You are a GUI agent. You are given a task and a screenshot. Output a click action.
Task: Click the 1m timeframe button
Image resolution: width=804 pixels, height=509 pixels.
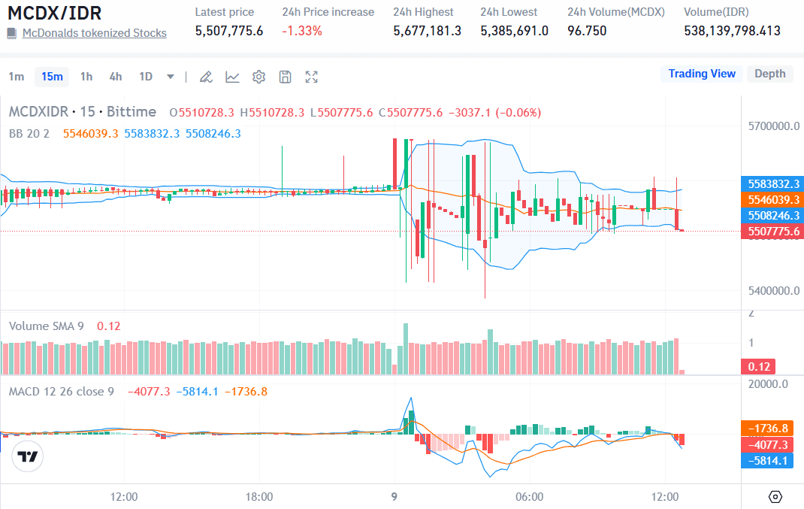point(17,77)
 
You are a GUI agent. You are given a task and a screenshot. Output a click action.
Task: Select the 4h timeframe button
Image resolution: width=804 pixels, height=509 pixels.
point(115,77)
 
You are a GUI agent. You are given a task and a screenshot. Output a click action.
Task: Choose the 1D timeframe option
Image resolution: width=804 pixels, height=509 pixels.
point(146,77)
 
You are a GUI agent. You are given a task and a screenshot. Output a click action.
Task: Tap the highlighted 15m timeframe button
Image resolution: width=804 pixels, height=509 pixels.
point(52,77)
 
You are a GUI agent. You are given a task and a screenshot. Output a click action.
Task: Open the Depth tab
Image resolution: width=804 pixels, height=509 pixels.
point(769,74)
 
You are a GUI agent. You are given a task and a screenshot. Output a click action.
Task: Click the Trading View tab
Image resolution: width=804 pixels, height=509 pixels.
point(702,74)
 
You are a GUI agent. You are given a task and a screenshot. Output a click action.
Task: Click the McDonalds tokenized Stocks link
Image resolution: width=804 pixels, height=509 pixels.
point(94,33)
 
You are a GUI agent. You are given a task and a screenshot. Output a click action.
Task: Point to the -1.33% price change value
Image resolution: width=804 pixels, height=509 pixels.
point(302,31)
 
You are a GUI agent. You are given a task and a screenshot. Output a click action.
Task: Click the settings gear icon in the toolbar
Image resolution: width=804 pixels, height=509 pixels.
point(259,77)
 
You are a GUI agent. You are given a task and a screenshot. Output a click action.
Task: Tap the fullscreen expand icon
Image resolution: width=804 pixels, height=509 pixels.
point(312,77)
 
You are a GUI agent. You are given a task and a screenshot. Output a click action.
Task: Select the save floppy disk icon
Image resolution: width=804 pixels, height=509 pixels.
point(286,77)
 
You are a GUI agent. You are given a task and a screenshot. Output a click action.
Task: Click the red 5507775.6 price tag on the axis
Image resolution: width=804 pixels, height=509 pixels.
point(772,232)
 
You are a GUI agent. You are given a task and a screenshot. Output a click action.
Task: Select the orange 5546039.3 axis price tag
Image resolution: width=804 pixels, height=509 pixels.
point(772,199)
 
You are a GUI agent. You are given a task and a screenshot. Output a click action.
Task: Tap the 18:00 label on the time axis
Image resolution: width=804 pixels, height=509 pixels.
point(259,497)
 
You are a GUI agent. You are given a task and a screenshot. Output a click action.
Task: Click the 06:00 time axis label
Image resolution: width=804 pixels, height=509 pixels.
point(530,497)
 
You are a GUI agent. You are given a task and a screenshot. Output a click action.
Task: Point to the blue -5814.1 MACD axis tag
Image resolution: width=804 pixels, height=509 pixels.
point(768,460)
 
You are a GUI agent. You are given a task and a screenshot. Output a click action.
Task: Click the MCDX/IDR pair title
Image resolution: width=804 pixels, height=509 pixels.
point(55,13)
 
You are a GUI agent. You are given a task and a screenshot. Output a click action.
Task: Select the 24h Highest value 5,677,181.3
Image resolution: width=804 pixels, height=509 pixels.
point(427,31)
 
